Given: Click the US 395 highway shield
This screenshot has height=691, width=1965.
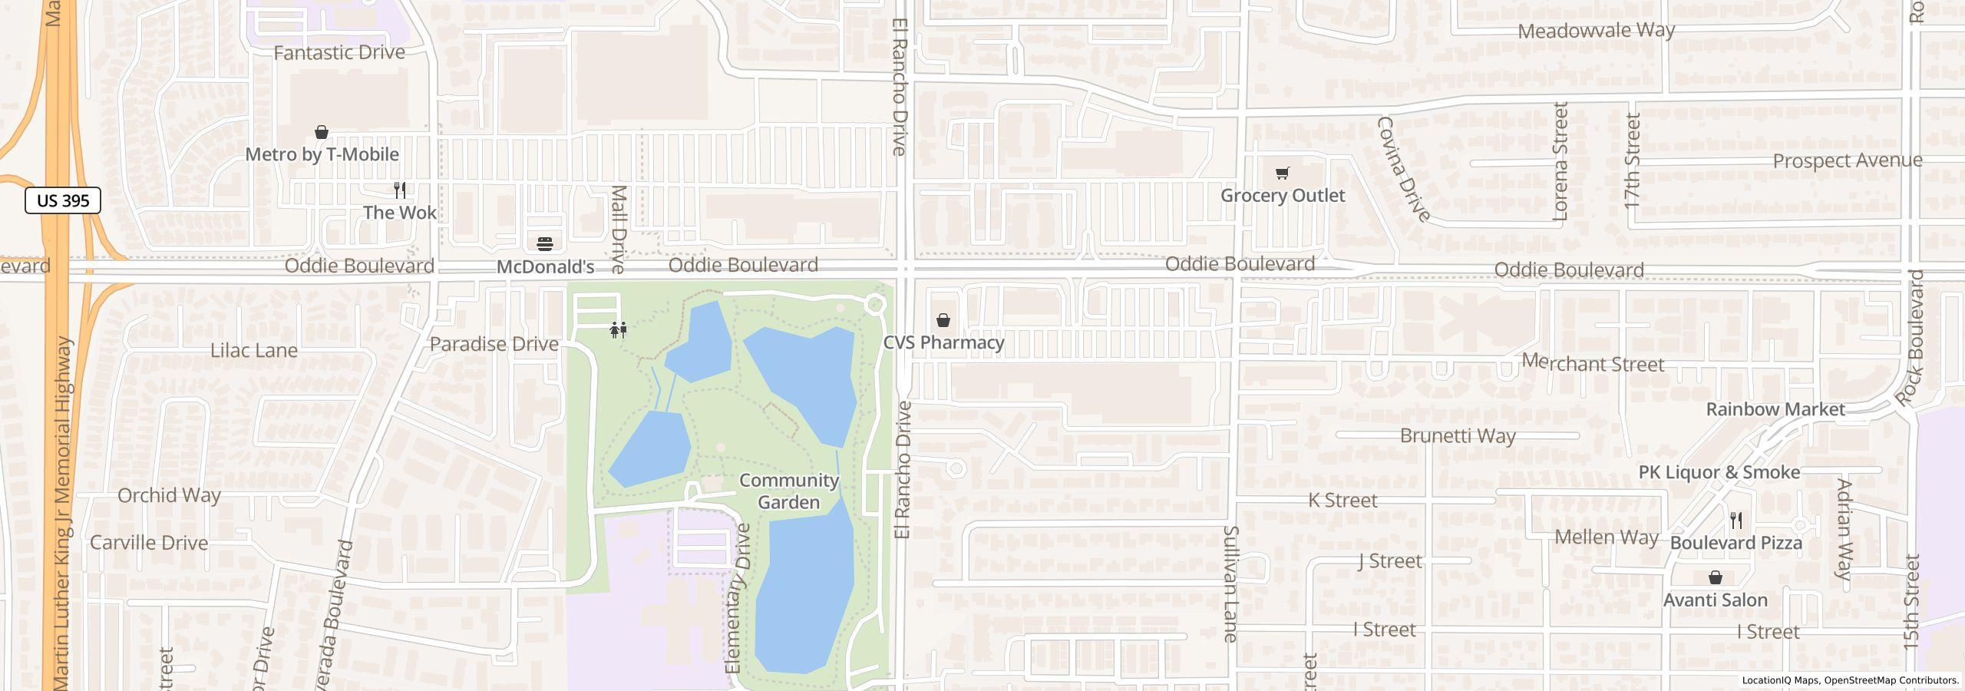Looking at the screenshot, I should pos(63,201).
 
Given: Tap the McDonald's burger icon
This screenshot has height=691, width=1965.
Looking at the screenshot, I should pos(545,244).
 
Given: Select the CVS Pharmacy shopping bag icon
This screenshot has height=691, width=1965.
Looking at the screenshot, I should pos(943,320).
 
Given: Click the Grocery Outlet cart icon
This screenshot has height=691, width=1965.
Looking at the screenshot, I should pos(1282,173).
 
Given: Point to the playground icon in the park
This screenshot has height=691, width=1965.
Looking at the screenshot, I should pos(619,330).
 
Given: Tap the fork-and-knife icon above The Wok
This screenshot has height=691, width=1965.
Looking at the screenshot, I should pos(399,190).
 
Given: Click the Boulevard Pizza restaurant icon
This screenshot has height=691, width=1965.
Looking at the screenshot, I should pos(1737,521).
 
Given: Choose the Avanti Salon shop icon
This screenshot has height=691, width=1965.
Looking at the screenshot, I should pos(1716,577).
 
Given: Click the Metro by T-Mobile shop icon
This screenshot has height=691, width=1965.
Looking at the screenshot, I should pos(322,133).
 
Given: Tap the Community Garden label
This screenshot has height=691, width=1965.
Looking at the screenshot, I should pos(789,491).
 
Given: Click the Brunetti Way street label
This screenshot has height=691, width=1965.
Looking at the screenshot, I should pos(1458,436).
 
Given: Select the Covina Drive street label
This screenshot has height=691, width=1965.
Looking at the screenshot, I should pos(1404,169).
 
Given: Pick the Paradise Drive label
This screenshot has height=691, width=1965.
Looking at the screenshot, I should pos(494,344).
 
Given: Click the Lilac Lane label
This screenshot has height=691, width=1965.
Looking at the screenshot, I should pos(254,351).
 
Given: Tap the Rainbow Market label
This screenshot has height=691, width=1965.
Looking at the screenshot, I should pos(1775,409).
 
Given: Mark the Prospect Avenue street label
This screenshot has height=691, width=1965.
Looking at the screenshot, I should pos(1848,161).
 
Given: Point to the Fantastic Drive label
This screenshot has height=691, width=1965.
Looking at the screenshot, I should pos(339,52).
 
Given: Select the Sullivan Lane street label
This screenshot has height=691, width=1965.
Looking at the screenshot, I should pos(1230,584).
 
